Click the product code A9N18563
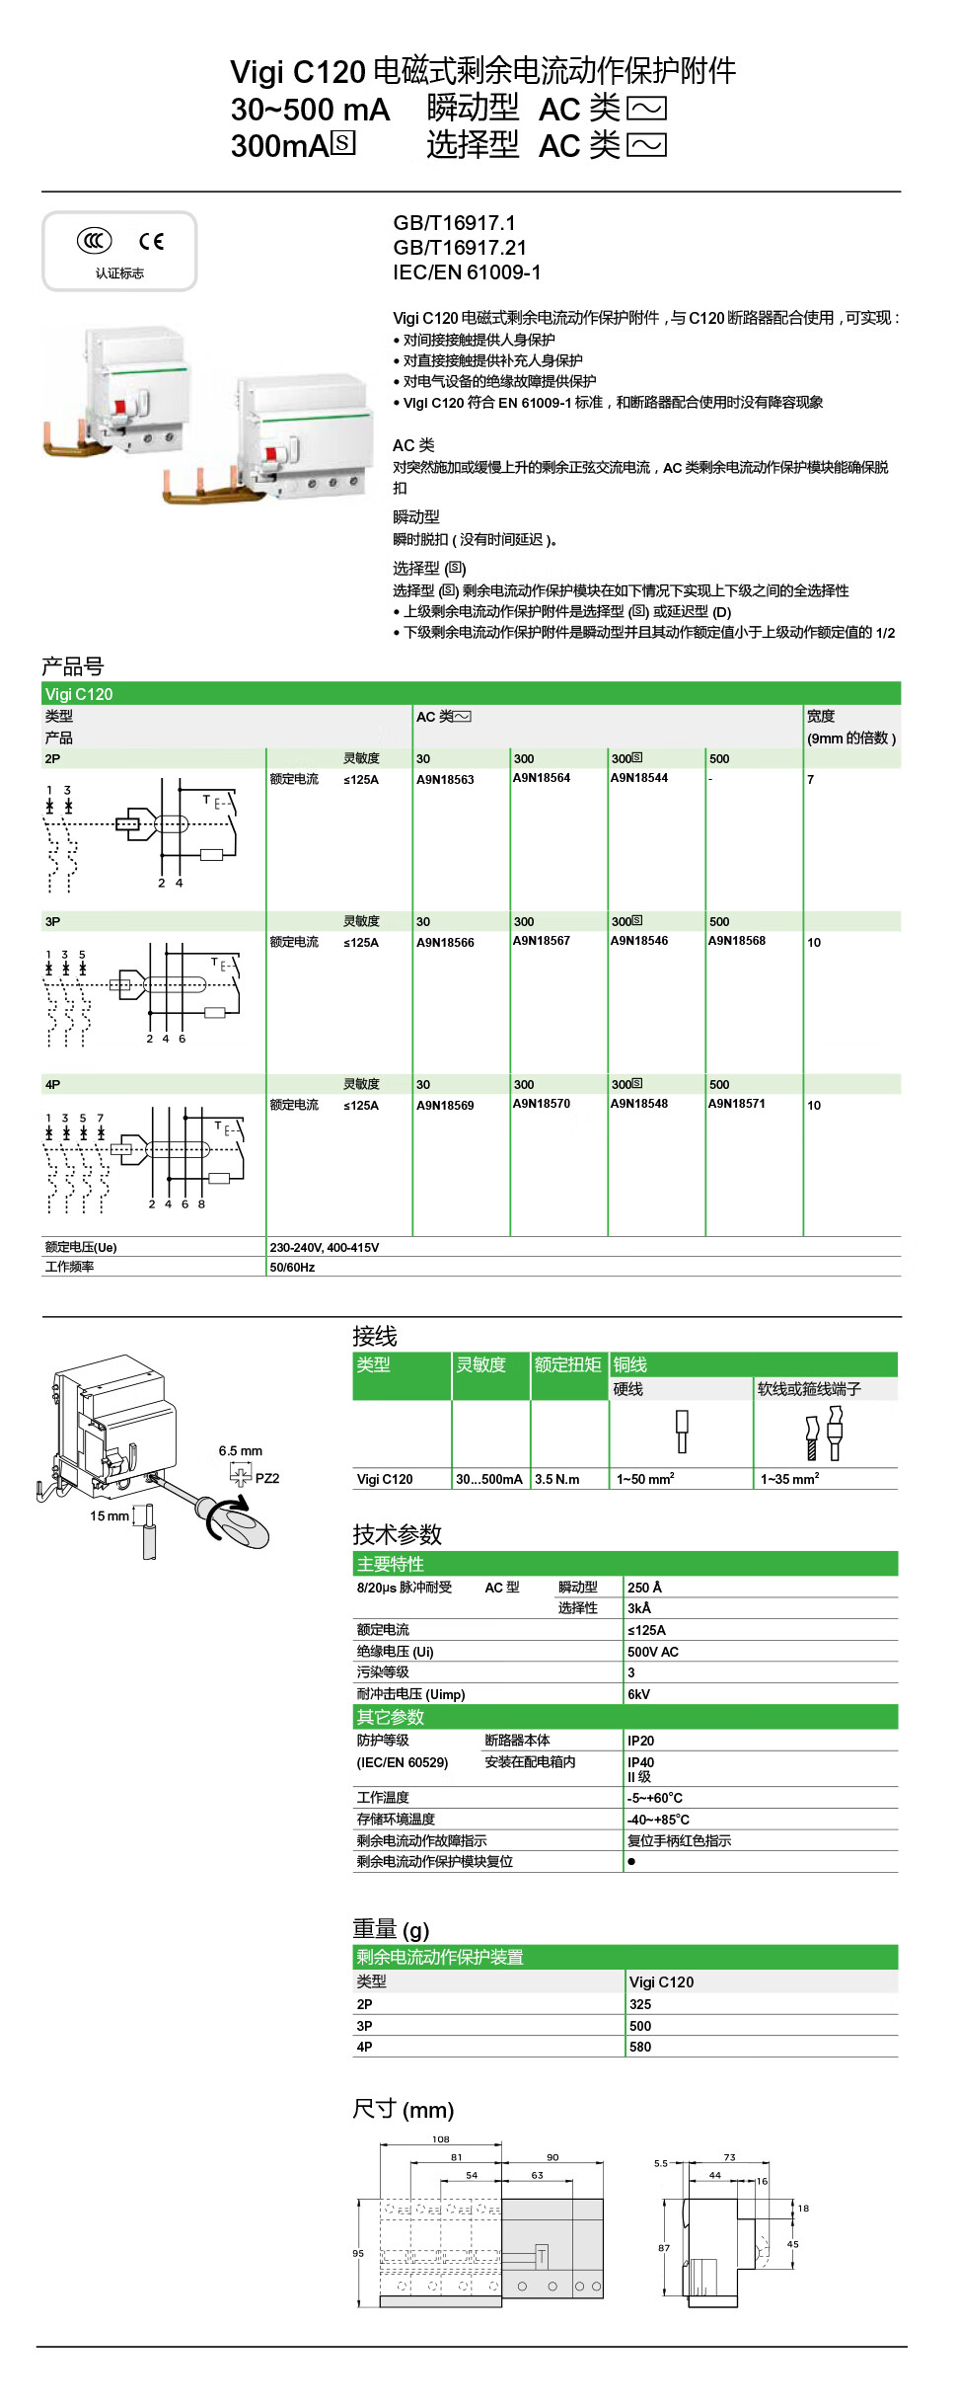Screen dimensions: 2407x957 [x=445, y=780]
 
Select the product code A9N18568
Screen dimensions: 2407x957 [x=736, y=941]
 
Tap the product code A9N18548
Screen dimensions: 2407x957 [x=638, y=1104]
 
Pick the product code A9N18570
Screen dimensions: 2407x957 [x=541, y=1104]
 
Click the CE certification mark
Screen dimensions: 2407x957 [x=151, y=242]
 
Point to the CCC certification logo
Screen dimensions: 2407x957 [x=95, y=241]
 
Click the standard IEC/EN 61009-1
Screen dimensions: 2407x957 [x=467, y=272]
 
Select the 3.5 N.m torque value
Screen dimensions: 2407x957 [x=557, y=1479]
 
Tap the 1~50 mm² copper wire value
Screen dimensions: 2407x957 [x=645, y=1479]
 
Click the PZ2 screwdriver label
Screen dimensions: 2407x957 [x=266, y=1478]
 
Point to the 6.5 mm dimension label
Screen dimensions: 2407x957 [x=240, y=1451]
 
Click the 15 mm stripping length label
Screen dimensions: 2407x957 [x=110, y=1516]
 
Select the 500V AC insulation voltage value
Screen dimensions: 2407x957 [x=653, y=1652]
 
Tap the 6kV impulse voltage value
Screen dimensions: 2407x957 [x=638, y=1694]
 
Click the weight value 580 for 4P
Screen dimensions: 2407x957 [x=640, y=2047]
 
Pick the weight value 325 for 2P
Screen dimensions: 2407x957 [x=640, y=2004]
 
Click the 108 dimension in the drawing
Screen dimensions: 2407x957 [x=441, y=2139]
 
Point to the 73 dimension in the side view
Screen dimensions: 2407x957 [x=729, y=2157]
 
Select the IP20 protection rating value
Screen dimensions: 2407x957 [x=640, y=1741]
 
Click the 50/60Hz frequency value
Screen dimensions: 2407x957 [x=292, y=1268]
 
